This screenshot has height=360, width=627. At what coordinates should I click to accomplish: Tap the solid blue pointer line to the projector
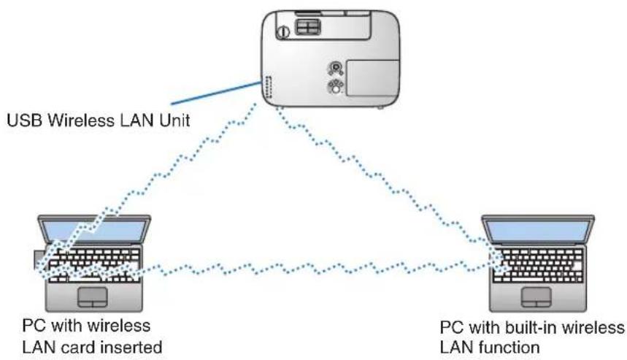pos(216,93)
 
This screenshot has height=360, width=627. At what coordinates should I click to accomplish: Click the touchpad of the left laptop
pos(93,297)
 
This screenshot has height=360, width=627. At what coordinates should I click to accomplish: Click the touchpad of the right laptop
pos(536,296)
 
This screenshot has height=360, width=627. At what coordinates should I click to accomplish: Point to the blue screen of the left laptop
pos(94,231)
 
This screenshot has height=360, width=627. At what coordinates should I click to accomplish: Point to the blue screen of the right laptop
pos(538,231)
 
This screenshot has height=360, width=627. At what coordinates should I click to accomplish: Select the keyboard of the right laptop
pos(538,265)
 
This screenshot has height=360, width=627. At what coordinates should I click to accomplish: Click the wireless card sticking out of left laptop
pos(39,258)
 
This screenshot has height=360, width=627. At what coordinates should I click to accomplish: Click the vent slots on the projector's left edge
pos(267,87)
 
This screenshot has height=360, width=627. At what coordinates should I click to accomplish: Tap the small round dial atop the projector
pos(283,31)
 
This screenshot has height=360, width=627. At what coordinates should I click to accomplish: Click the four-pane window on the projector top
pos(307,27)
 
